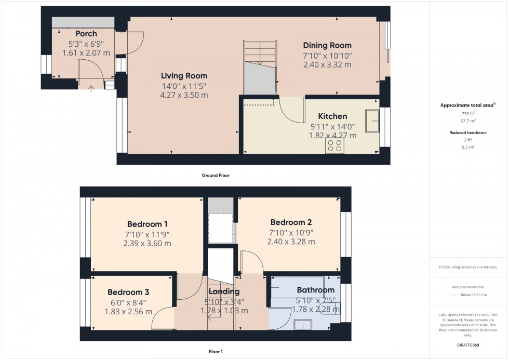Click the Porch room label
(x=86, y=34)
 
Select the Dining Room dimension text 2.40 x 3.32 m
(x=327, y=65)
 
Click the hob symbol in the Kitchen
(x=334, y=146)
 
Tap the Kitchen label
(x=332, y=116)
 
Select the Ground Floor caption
(x=215, y=176)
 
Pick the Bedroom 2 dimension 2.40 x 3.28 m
(x=291, y=242)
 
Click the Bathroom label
(x=315, y=290)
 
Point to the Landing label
(x=224, y=292)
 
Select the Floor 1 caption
(x=215, y=352)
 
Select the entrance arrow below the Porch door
(x=91, y=88)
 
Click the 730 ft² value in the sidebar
(x=468, y=113)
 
